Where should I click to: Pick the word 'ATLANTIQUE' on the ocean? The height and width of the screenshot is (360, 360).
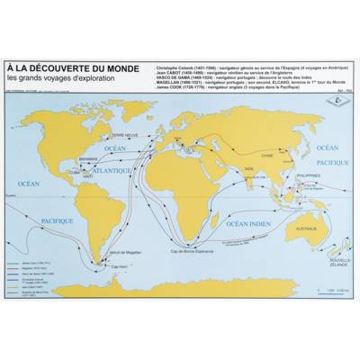[x=109, y=167]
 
